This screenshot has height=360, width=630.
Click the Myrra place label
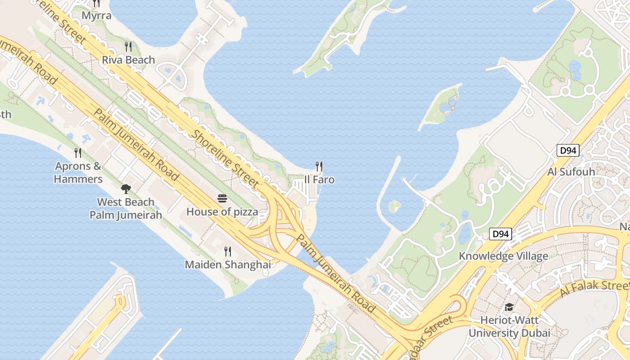pos(96,16)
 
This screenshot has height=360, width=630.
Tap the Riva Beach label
pos(128,60)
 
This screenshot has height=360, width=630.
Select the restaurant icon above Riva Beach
pos(128,46)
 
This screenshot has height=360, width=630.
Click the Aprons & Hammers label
pos(78,173)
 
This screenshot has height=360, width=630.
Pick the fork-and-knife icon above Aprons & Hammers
pos(78,153)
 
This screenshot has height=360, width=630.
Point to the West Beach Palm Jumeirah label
pos(126,208)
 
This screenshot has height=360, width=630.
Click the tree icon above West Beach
pos(126,189)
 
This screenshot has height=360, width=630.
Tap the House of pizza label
pos(222,211)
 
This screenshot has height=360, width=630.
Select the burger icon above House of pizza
pos(222,198)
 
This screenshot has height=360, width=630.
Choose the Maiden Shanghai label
pos(228,265)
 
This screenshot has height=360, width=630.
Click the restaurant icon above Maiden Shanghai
pos(228,252)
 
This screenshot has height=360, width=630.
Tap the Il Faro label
pos(319,180)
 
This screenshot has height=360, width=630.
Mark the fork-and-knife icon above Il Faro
pos(319,166)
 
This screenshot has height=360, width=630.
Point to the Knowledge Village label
pos(503,256)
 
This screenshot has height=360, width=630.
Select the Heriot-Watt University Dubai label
pos(509,327)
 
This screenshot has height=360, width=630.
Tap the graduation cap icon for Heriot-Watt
pos(509,307)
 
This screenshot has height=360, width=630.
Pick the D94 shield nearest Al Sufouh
pos(567,150)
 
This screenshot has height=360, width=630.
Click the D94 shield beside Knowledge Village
pos(500,234)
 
